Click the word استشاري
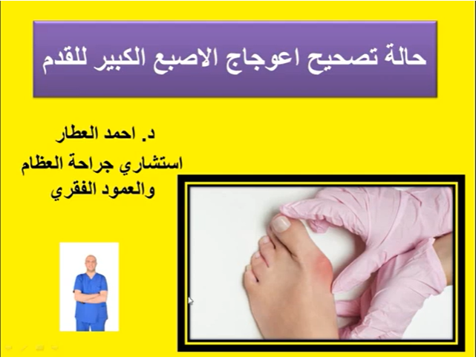click(151, 163)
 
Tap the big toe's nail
click(281, 222)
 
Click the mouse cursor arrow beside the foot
click(192, 301)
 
